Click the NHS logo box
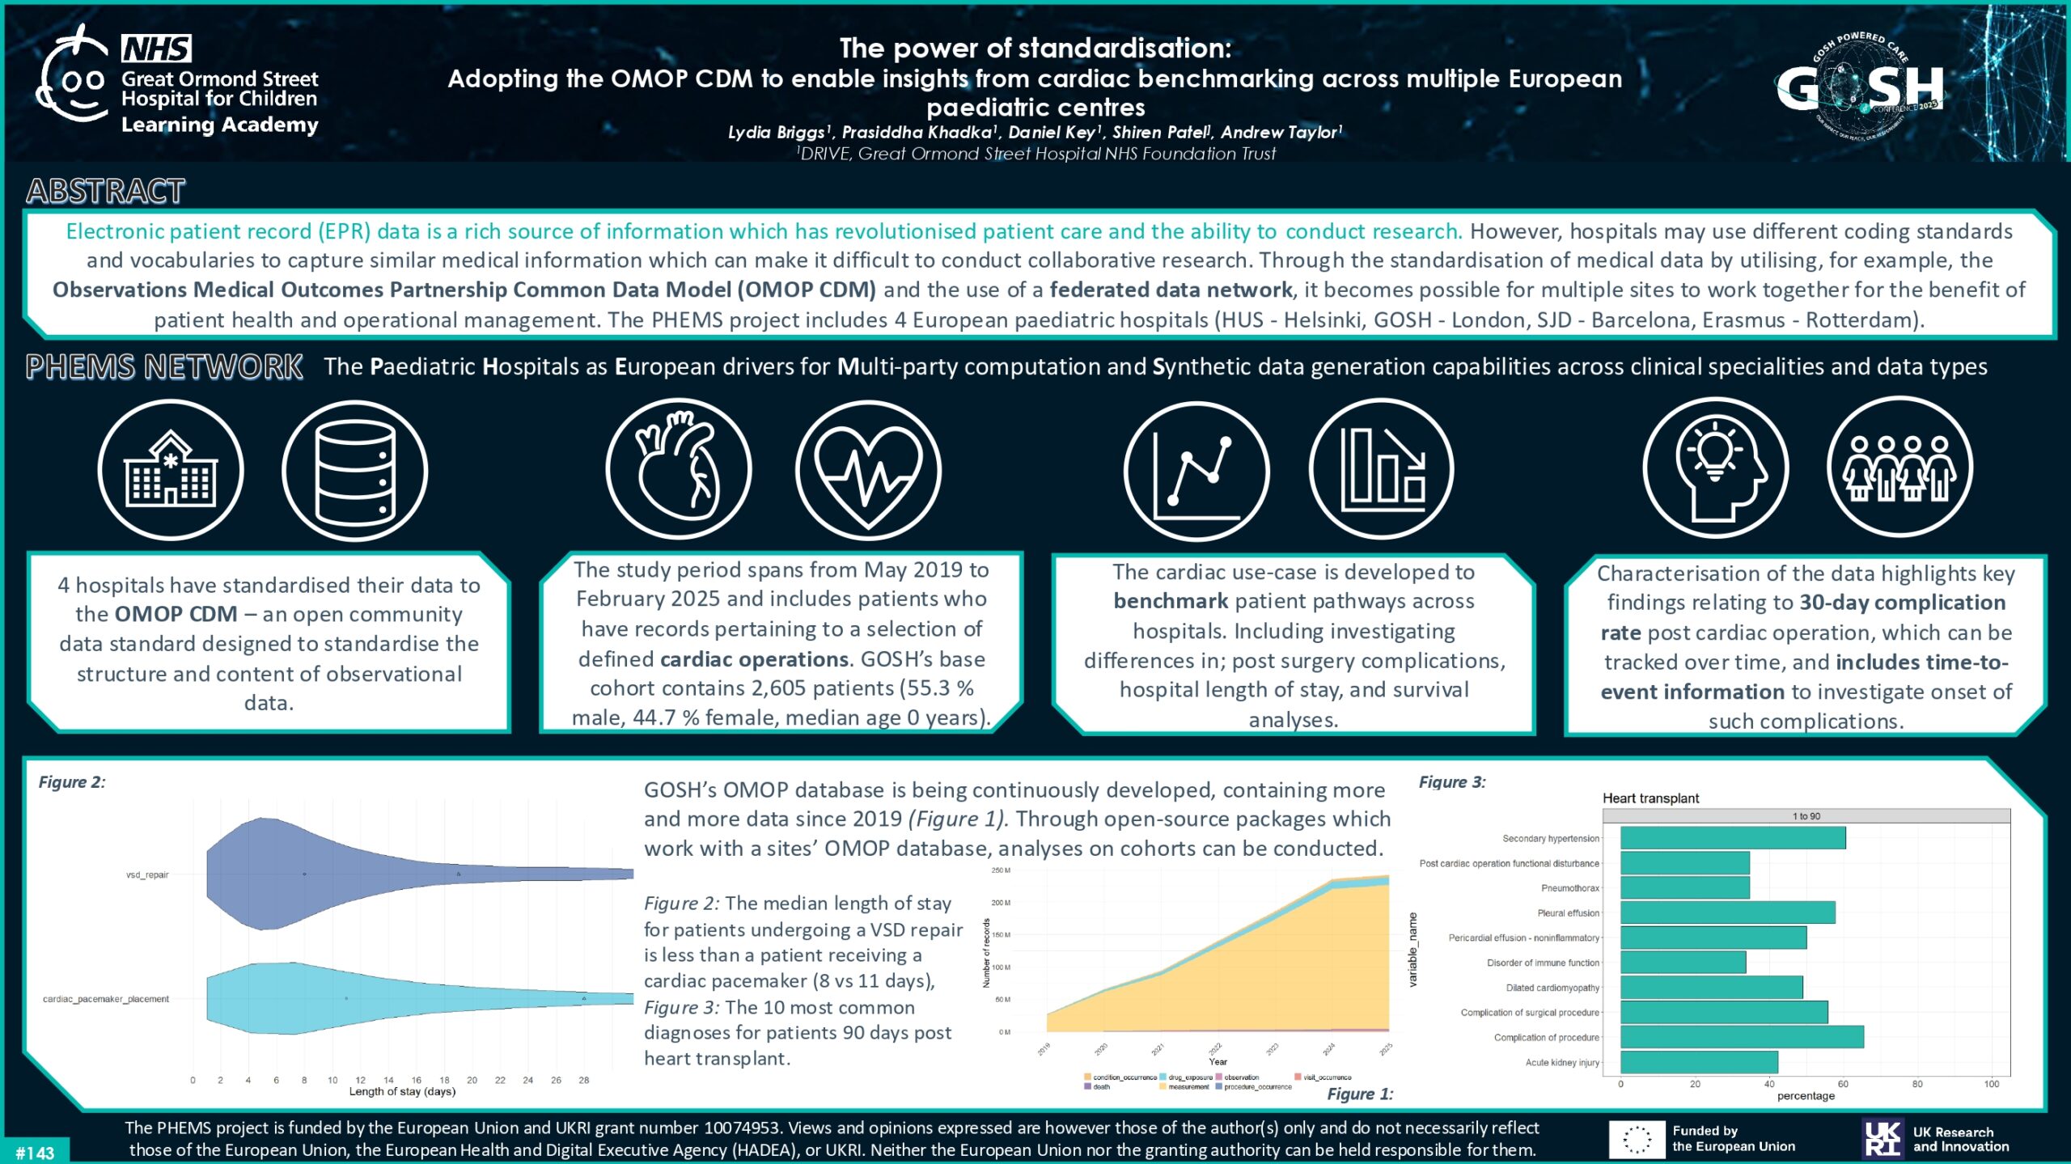[x=156, y=49]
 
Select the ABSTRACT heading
[x=106, y=192]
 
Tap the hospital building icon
[x=171, y=470]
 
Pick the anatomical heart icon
[x=678, y=469]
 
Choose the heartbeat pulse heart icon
[x=868, y=469]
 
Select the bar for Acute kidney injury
[x=1699, y=1062]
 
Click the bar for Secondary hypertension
[x=1733, y=838]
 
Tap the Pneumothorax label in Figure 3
[x=1569, y=888]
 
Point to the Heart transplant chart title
[x=1650, y=798]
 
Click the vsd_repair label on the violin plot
[x=147, y=874]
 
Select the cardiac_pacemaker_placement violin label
[x=106, y=999]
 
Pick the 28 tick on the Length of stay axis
[x=584, y=1080]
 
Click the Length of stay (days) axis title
[x=402, y=1092]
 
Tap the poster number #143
[x=35, y=1153]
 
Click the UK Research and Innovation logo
[x=1935, y=1139]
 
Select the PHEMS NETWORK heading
[x=164, y=367]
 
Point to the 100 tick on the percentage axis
[x=1991, y=1084]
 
